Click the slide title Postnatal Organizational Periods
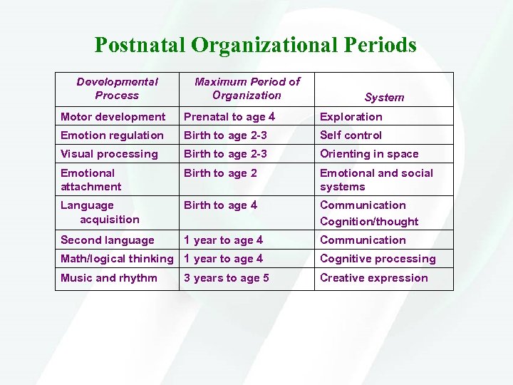256,45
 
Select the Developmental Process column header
117,88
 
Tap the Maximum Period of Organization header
247,88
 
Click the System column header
384,98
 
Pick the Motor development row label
113,117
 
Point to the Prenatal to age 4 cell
229,117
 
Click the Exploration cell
351,117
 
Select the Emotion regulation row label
112,135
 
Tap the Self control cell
351,135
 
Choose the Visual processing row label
109,154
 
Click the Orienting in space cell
369,154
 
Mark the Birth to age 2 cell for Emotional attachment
220,173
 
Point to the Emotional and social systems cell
376,180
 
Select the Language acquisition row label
100,212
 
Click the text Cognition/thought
369,222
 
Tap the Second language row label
107,240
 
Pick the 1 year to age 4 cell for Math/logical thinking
223,259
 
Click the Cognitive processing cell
378,259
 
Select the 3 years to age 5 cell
227,278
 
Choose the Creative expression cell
374,278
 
